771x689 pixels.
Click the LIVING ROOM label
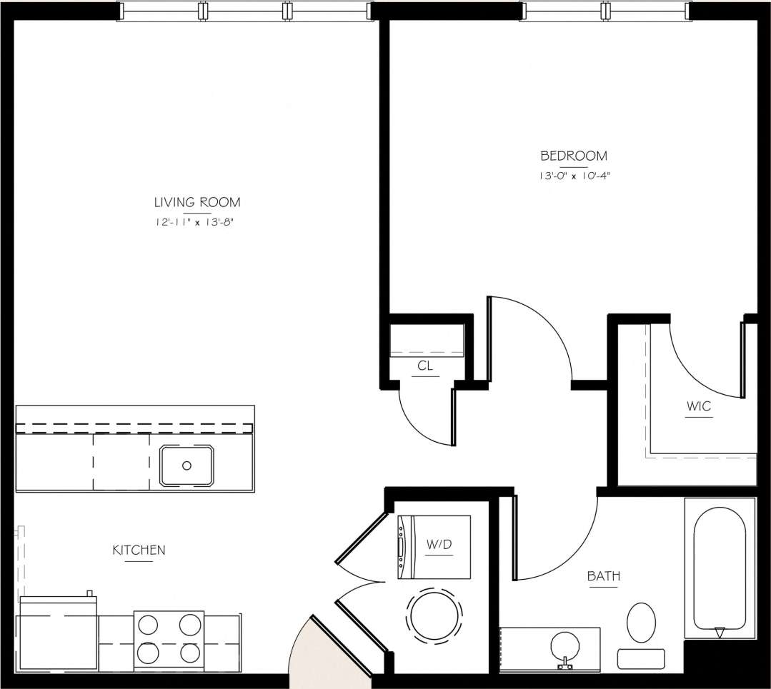[197, 202]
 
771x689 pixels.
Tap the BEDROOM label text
[573, 156]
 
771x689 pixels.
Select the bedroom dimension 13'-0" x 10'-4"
[573, 175]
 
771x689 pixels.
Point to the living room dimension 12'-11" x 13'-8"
[194, 222]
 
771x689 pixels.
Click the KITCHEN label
[139, 550]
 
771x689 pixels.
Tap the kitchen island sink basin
[186, 466]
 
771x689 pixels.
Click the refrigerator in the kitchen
[57, 634]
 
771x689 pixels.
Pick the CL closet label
[425, 366]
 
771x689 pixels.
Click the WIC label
[699, 406]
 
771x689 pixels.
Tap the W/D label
[439, 545]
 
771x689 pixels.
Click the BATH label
[603, 575]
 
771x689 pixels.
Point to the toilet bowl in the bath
[641, 622]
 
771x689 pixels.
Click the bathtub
[720, 568]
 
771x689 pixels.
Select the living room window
[245, 11]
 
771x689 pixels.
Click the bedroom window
[606, 11]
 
